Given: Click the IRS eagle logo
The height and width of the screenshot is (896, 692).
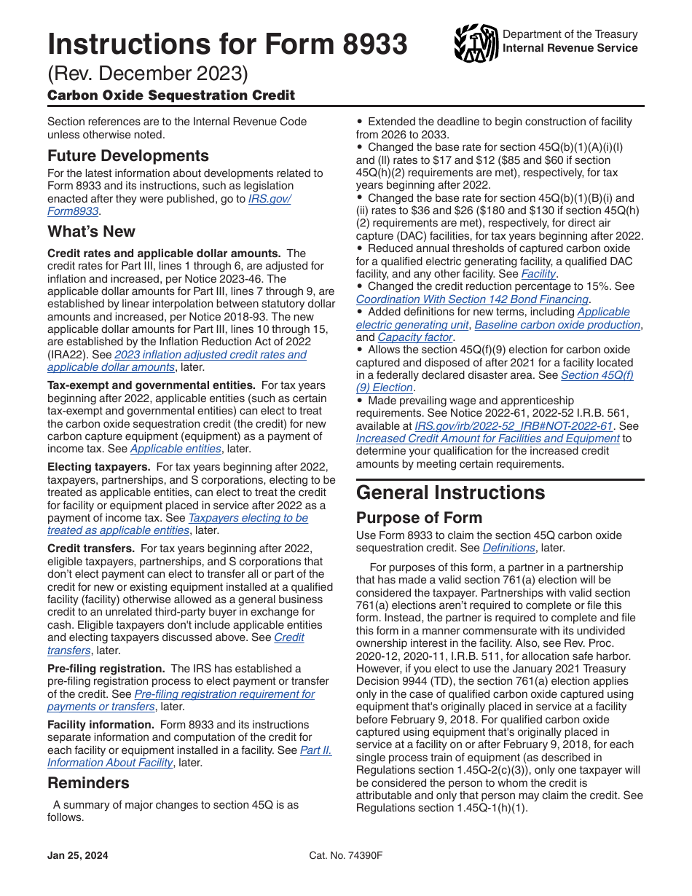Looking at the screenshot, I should click(x=476, y=43).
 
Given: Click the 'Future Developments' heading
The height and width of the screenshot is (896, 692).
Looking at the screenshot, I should click(x=128, y=156).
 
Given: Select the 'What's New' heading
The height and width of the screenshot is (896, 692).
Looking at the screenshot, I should click(x=91, y=232).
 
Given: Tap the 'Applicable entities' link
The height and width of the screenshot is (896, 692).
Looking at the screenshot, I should click(x=176, y=449).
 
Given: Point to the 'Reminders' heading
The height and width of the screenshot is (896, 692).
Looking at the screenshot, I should click(x=88, y=783).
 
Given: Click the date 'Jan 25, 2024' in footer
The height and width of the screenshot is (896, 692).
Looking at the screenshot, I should click(x=77, y=856).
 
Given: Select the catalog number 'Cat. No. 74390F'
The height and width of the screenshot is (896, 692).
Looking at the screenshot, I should click(x=345, y=856).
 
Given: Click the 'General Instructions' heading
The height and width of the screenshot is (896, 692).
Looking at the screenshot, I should click(x=450, y=492).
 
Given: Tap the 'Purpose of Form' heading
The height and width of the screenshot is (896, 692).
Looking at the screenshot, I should click(x=419, y=518).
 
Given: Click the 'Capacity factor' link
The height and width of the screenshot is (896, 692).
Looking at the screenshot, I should click(x=415, y=337).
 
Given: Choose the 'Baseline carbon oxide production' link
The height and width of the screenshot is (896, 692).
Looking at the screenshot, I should click(x=557, y=325).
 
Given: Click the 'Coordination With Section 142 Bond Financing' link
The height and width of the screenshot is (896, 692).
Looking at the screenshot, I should click(x=472, y=299).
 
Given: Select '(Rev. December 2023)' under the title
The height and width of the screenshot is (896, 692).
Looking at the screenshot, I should click(x=148, y=74).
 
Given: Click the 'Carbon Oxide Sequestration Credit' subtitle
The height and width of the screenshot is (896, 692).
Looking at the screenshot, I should click(x=171, y=95).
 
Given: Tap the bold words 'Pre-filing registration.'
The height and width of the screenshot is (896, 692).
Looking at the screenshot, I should click(x=106, y=668).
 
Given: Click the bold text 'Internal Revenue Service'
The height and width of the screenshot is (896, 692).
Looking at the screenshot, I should click(x=570, y=48).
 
